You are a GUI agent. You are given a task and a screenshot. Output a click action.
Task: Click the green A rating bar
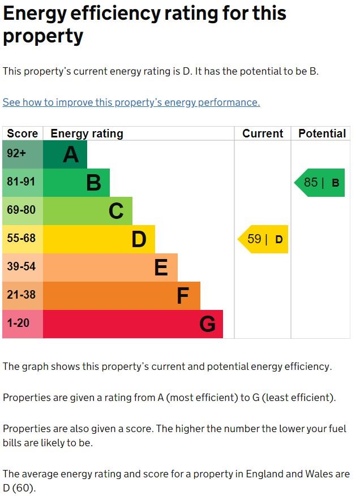coord(65,154)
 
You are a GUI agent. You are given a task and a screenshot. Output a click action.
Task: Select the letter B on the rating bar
coord(93,183)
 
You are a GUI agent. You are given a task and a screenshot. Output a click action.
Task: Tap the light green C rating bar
coord(87,211)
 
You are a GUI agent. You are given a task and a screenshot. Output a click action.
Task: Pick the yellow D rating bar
coord(98,239)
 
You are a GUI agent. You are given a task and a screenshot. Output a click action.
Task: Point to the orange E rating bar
coord(110,268)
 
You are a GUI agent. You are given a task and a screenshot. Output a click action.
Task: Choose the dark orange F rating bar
coord(121,296)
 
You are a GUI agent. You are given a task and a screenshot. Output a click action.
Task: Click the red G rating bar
coord(132,324)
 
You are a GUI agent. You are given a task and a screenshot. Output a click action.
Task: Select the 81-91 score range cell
coord(22,183)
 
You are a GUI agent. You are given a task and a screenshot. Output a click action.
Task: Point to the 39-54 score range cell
coord(22,268)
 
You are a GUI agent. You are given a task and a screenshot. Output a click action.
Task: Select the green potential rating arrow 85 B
coord(320,183)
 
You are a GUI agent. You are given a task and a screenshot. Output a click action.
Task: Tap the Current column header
coord(263,133)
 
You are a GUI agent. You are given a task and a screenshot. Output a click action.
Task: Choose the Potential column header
coord(322,133)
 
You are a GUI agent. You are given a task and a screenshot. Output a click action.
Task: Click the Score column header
coord(22,133)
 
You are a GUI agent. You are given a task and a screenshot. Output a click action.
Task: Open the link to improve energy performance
coord(131,102)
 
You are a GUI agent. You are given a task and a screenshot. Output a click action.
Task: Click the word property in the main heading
coord(43,36)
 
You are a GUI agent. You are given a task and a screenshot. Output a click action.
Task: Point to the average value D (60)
coord(19,487)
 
